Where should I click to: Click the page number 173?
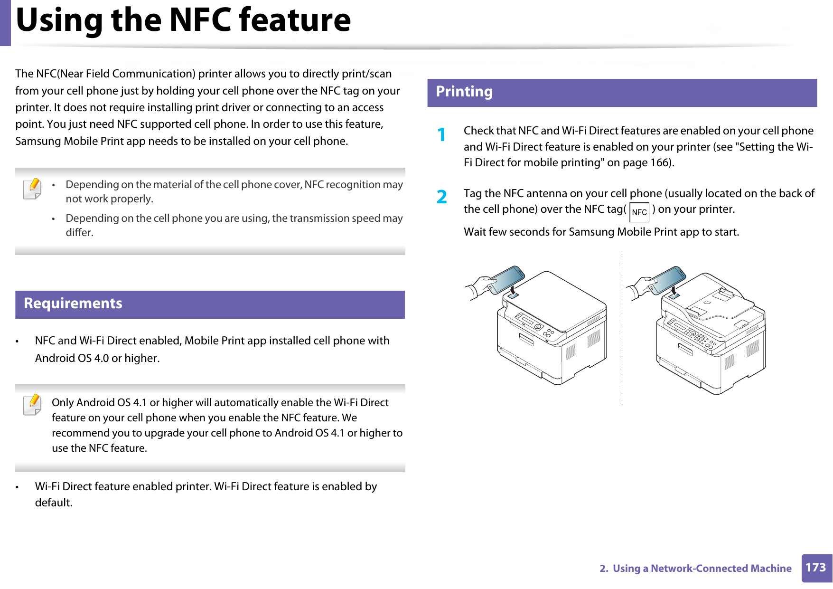point(815,568)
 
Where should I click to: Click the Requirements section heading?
point(73,304)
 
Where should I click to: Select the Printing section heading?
point(464,92)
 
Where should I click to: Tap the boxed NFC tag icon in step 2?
point(639,212)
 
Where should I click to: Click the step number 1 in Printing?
point(442,135)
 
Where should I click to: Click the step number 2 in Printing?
point(442,197)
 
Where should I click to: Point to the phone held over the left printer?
point(505,280)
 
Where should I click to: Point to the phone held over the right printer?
point(666,280)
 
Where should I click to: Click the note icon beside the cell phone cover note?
point(32,188)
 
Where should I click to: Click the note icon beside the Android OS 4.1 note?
point(32,405)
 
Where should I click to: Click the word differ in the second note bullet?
point(78,233)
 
